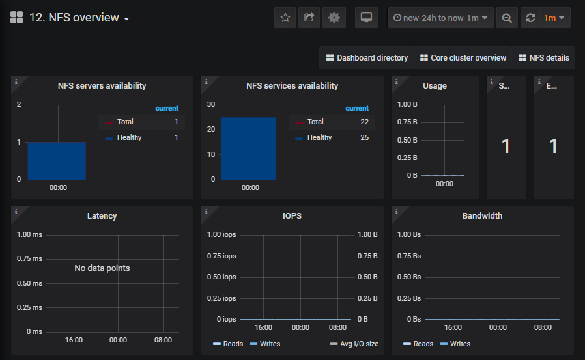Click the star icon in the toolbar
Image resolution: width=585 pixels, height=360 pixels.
pyautogui.click(x=285, y=18)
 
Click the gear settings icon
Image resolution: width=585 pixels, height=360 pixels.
pyautogui.click(x=334, y=18)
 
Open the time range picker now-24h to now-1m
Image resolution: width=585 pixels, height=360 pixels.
pyautogui.click(x=440, y=18)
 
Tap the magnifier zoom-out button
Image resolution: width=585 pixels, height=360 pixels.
pyautogui.click(x=507, y=18)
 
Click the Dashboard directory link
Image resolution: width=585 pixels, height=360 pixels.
pyautogui.click(x=367, y=58)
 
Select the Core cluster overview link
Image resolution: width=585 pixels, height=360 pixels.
pyautogui.click(x=463, y=58)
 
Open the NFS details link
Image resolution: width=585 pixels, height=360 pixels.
pyautogui.click(x=544, y=58)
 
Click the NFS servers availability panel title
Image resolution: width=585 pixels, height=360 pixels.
pyautogui.click(x=102, y=86)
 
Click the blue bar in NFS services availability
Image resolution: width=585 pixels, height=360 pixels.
pyautogui.click(x=249, y=148)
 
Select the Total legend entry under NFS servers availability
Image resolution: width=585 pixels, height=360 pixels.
pyautogui.click(x=125, y=122)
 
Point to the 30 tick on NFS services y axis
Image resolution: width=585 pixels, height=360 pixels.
pyautogui.click(x=211, y=104)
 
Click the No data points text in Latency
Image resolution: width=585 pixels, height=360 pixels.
pyautogui.click(x=102, y=268)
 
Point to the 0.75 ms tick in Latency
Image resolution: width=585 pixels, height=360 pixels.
pyautogui.click(x=29, y=258)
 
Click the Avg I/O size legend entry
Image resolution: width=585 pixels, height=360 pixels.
pyautogui.click(x=354, y=344)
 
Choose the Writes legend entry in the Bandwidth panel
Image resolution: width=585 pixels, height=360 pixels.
pyautogui.click(x=455, y=344)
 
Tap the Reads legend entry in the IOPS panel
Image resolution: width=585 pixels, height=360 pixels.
pyautogui.click(x=228, y=344)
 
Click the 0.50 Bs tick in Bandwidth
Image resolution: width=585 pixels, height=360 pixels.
pyautogui.click(x=409, y=277)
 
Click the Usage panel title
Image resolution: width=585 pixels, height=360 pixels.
pyautogui.click(x=435, y=86)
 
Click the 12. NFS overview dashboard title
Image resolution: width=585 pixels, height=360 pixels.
pyautogui.click(x=74, y=18)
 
